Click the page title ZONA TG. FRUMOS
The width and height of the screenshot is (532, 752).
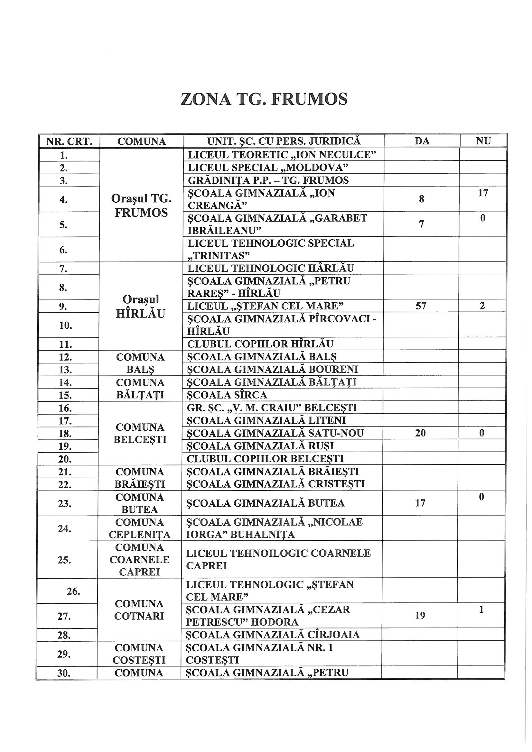tap(264, 99)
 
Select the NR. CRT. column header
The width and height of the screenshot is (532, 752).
tap(69, 141)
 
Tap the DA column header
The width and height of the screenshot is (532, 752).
tap(422, 141)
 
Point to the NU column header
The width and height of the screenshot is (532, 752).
tap(483, 141)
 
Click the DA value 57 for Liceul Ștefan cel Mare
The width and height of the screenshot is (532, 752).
tap(421, 306)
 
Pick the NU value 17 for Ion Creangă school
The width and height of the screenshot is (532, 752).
tap(483, 193)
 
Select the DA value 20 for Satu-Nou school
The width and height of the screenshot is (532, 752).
tap(421, 433)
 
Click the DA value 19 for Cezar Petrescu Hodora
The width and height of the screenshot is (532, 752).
tap(420, 615)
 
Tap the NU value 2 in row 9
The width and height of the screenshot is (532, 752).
tap(482, 306)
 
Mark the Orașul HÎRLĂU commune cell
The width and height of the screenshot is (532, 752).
tap(141, 306)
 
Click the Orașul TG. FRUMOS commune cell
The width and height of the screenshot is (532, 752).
tap(141, 205)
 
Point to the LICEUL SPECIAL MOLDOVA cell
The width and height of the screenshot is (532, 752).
tap(267, 168)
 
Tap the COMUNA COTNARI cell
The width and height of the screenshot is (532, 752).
tap(139, 610)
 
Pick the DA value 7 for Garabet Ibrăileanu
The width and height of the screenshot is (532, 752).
tap(422, 225)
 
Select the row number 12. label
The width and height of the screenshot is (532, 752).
tap(66, 357)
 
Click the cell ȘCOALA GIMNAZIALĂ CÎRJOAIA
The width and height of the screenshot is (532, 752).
tap(273, 635)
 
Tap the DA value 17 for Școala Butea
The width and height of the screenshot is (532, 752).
tap(420, 503)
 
